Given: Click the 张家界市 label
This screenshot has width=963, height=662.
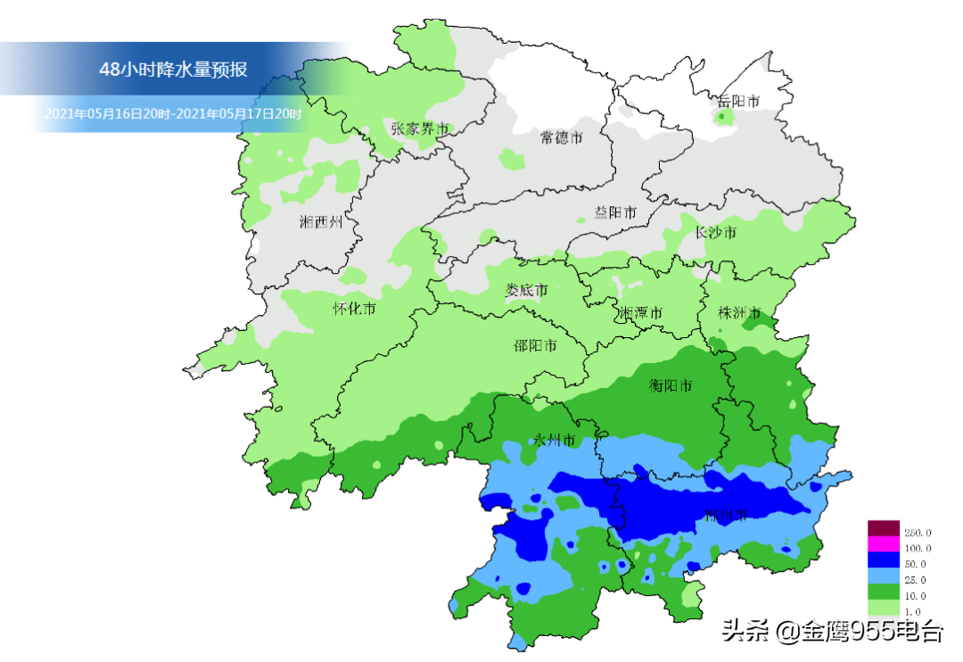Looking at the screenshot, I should [x=419, y=128].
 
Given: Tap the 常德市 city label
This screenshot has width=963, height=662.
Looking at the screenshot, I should [x=562, y=137].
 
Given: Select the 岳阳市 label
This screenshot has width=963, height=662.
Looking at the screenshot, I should [x=738, y=102].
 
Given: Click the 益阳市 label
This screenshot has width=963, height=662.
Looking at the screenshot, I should [x=615, y=213].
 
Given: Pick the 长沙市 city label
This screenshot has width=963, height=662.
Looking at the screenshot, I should [x=716, y=233].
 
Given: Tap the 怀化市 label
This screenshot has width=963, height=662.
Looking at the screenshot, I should [x=354, y=309].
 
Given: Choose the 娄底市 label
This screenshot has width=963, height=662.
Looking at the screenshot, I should [x=526, y=291].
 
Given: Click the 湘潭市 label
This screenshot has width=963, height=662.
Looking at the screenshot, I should [x=641, y=313].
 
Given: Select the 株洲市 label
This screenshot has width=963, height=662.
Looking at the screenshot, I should [x=740, y=313].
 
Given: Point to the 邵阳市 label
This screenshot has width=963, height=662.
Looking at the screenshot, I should [x=536, y=345].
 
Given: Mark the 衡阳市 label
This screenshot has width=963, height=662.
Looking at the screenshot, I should [x=671, y=386].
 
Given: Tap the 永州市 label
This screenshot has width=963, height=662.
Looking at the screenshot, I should [x=555, y=440].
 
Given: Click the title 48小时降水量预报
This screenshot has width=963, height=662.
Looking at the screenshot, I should [x=174, y=70].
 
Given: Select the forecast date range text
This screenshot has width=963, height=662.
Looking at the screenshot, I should [x=173, y=114].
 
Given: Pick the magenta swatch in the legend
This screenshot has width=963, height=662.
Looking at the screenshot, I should [x=884, y=544].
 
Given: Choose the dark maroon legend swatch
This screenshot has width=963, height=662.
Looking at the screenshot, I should [x=884, y=528].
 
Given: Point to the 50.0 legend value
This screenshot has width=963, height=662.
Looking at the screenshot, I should [x=918, y=564].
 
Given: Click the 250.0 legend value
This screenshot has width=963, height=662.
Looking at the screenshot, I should [x=918, y=533].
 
